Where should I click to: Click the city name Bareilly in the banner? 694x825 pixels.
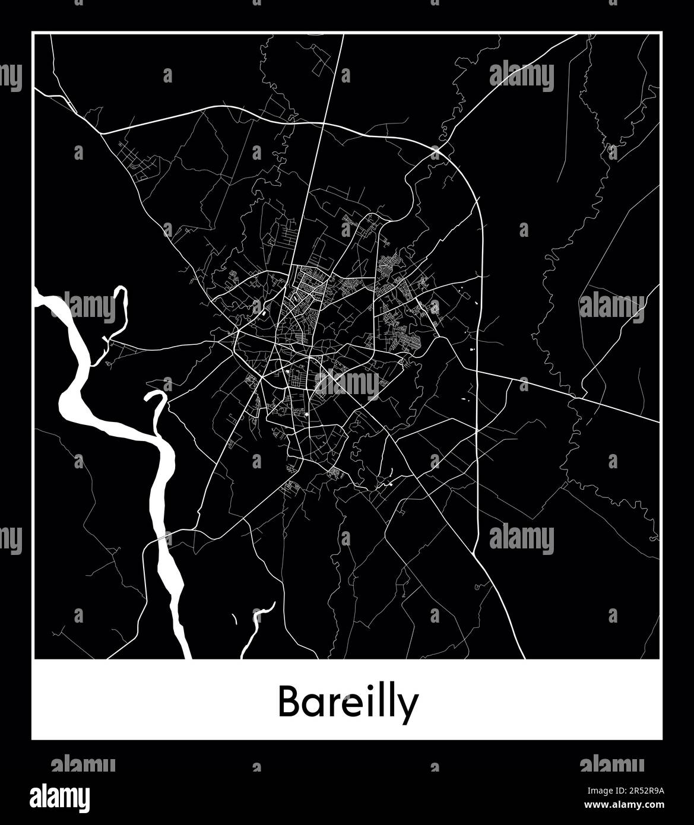348,703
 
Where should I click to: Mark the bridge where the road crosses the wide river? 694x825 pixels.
161,538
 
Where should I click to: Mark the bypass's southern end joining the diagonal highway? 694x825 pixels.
474,554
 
